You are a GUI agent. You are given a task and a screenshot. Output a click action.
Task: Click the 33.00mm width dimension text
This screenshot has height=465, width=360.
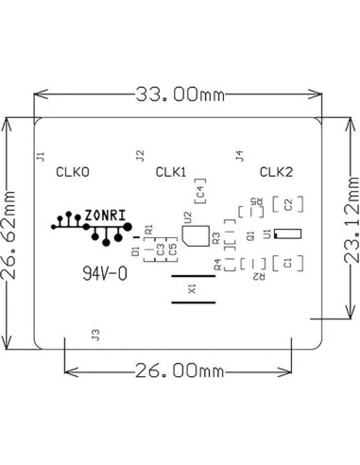[180, 94]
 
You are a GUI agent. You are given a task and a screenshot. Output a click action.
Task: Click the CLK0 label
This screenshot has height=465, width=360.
[73, 172]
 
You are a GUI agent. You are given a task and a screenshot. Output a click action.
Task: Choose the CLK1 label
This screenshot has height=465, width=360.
[170, 172]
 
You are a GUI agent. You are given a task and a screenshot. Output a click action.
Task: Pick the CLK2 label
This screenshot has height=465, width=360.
[277, 172]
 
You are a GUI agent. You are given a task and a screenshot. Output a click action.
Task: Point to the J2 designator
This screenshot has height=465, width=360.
[140, 155]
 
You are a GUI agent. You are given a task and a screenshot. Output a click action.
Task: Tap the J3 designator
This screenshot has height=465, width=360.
[94, 334]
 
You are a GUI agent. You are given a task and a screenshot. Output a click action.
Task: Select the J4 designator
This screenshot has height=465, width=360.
[238, 155]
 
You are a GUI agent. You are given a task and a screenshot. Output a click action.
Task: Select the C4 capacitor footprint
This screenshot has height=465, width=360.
[200, 196]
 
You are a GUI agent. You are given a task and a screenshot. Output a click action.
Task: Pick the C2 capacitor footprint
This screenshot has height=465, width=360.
[287, 203]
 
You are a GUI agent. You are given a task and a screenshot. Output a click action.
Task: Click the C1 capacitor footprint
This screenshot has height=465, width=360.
[287, 262]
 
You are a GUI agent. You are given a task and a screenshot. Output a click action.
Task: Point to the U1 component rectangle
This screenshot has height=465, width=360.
[288, 232]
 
